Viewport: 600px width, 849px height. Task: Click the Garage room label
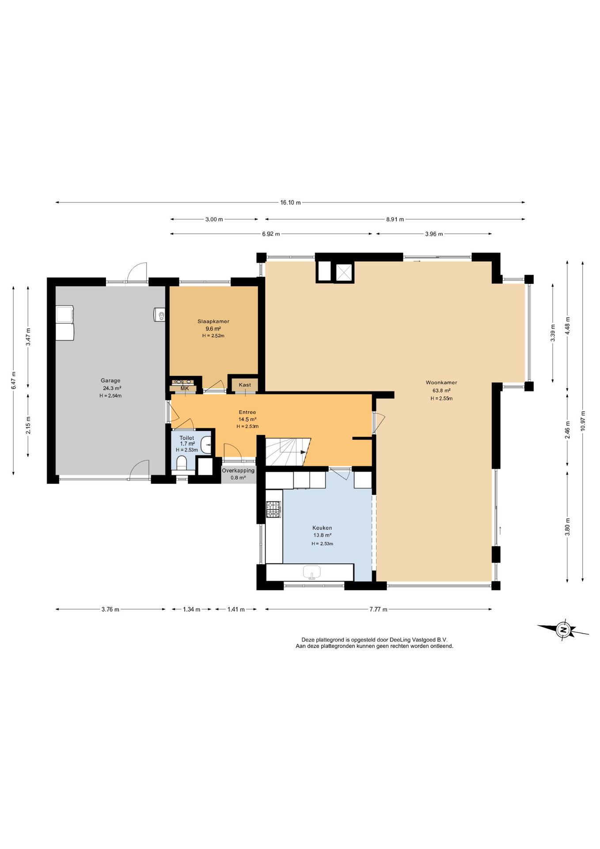[110, 380]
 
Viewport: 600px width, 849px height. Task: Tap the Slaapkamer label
[213, 321]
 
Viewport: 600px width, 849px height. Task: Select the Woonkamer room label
[441, 382]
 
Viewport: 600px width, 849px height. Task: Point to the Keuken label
[322, 528]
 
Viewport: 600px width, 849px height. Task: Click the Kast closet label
[245, 385]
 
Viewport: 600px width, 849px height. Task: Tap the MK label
[185, 388]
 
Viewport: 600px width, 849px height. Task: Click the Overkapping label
[238, 470]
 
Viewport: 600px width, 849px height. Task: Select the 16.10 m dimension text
[290, 203]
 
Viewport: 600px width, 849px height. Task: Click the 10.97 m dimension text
[583, 421]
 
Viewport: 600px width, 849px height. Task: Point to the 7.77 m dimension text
[378, 609]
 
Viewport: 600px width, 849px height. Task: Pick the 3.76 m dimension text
[110, 609]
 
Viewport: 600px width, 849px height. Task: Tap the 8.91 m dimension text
[395, 219]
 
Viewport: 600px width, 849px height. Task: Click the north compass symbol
[563, 630]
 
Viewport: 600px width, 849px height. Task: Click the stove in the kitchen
[273, 509]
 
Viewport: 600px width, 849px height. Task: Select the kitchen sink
[312, 572]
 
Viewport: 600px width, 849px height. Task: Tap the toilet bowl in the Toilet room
[182, 464]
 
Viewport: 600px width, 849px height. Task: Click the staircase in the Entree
[288, 451]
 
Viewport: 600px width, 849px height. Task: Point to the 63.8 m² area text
[441, 390]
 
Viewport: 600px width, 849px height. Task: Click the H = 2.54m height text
[110, 396]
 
